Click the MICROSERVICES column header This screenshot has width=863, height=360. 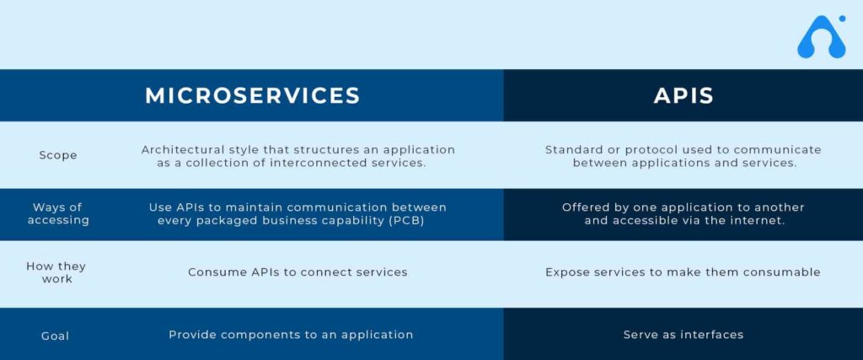click(x=253, y=96)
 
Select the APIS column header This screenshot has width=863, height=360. click(x=683, y=96)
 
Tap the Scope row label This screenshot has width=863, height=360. click(x=58, y=155)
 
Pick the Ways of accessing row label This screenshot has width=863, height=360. click(x=58, y=213)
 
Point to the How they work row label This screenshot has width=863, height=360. click(x=56, y=272)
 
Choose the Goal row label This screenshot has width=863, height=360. click(x=55, y=336)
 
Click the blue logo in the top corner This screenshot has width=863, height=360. click(x=822, y=37)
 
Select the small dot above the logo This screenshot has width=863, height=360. click(x=842, y=19)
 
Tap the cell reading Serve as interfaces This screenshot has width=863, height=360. click(x=683, y=335)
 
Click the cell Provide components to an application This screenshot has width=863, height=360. click(x=291, y=335)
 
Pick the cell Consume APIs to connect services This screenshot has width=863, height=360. click(x=297, y=272)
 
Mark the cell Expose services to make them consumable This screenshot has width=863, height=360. click(x=683, y=272)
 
